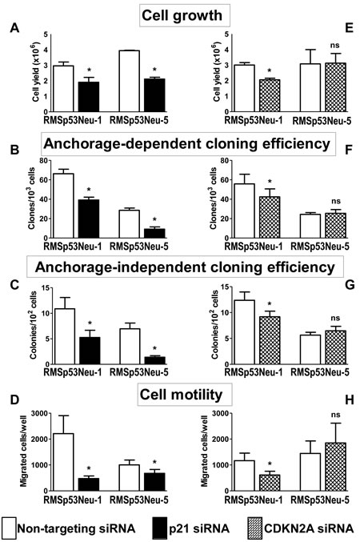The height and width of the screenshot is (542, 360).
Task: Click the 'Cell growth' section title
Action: (x=182, y=15)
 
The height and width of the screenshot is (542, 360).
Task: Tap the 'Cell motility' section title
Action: (x=182, y=395)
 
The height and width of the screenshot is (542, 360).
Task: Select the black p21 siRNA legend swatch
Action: (x=159, y=528)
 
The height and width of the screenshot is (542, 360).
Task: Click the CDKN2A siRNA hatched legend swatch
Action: (x=255, y=528)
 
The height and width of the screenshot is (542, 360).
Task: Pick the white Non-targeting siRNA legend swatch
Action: (x=9, y=528)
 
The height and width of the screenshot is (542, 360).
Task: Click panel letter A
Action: (x=14, y=28)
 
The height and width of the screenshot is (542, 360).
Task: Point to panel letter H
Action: (x=350, y=400)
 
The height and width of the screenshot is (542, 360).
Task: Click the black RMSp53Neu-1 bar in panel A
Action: (x=89, y=97)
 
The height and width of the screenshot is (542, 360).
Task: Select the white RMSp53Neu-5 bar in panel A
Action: (x=130, y=81)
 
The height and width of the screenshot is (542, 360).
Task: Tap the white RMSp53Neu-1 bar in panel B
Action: (x=63, y=206)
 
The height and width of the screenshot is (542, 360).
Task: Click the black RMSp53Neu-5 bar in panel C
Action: (x=154, y=360)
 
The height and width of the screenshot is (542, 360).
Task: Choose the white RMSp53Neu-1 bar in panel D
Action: (x=63, y=462)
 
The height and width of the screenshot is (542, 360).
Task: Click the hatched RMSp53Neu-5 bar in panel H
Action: (x=335, y=467)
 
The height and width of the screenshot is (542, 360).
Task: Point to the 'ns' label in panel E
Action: (x=334, y=46)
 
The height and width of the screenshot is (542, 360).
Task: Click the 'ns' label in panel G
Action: (x=335, y=318)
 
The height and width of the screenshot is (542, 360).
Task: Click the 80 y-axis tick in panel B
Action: (x=43, y=161)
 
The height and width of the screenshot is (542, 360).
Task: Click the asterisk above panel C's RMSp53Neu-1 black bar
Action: (x=90, y=323)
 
